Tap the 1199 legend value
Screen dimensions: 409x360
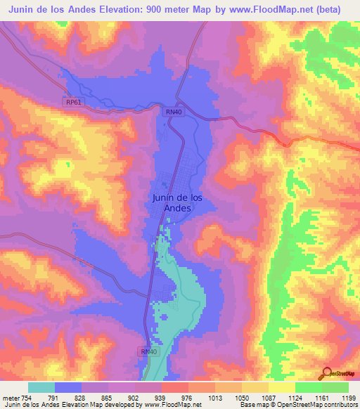tap(347, 397)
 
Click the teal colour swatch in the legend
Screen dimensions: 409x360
tap(41, 387)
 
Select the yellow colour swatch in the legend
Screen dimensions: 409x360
tap(282, 387)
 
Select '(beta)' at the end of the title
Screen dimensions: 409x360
tap(328, 10)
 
